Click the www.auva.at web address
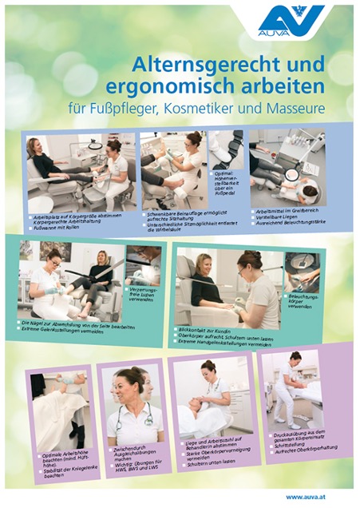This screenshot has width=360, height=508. [304, 497]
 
